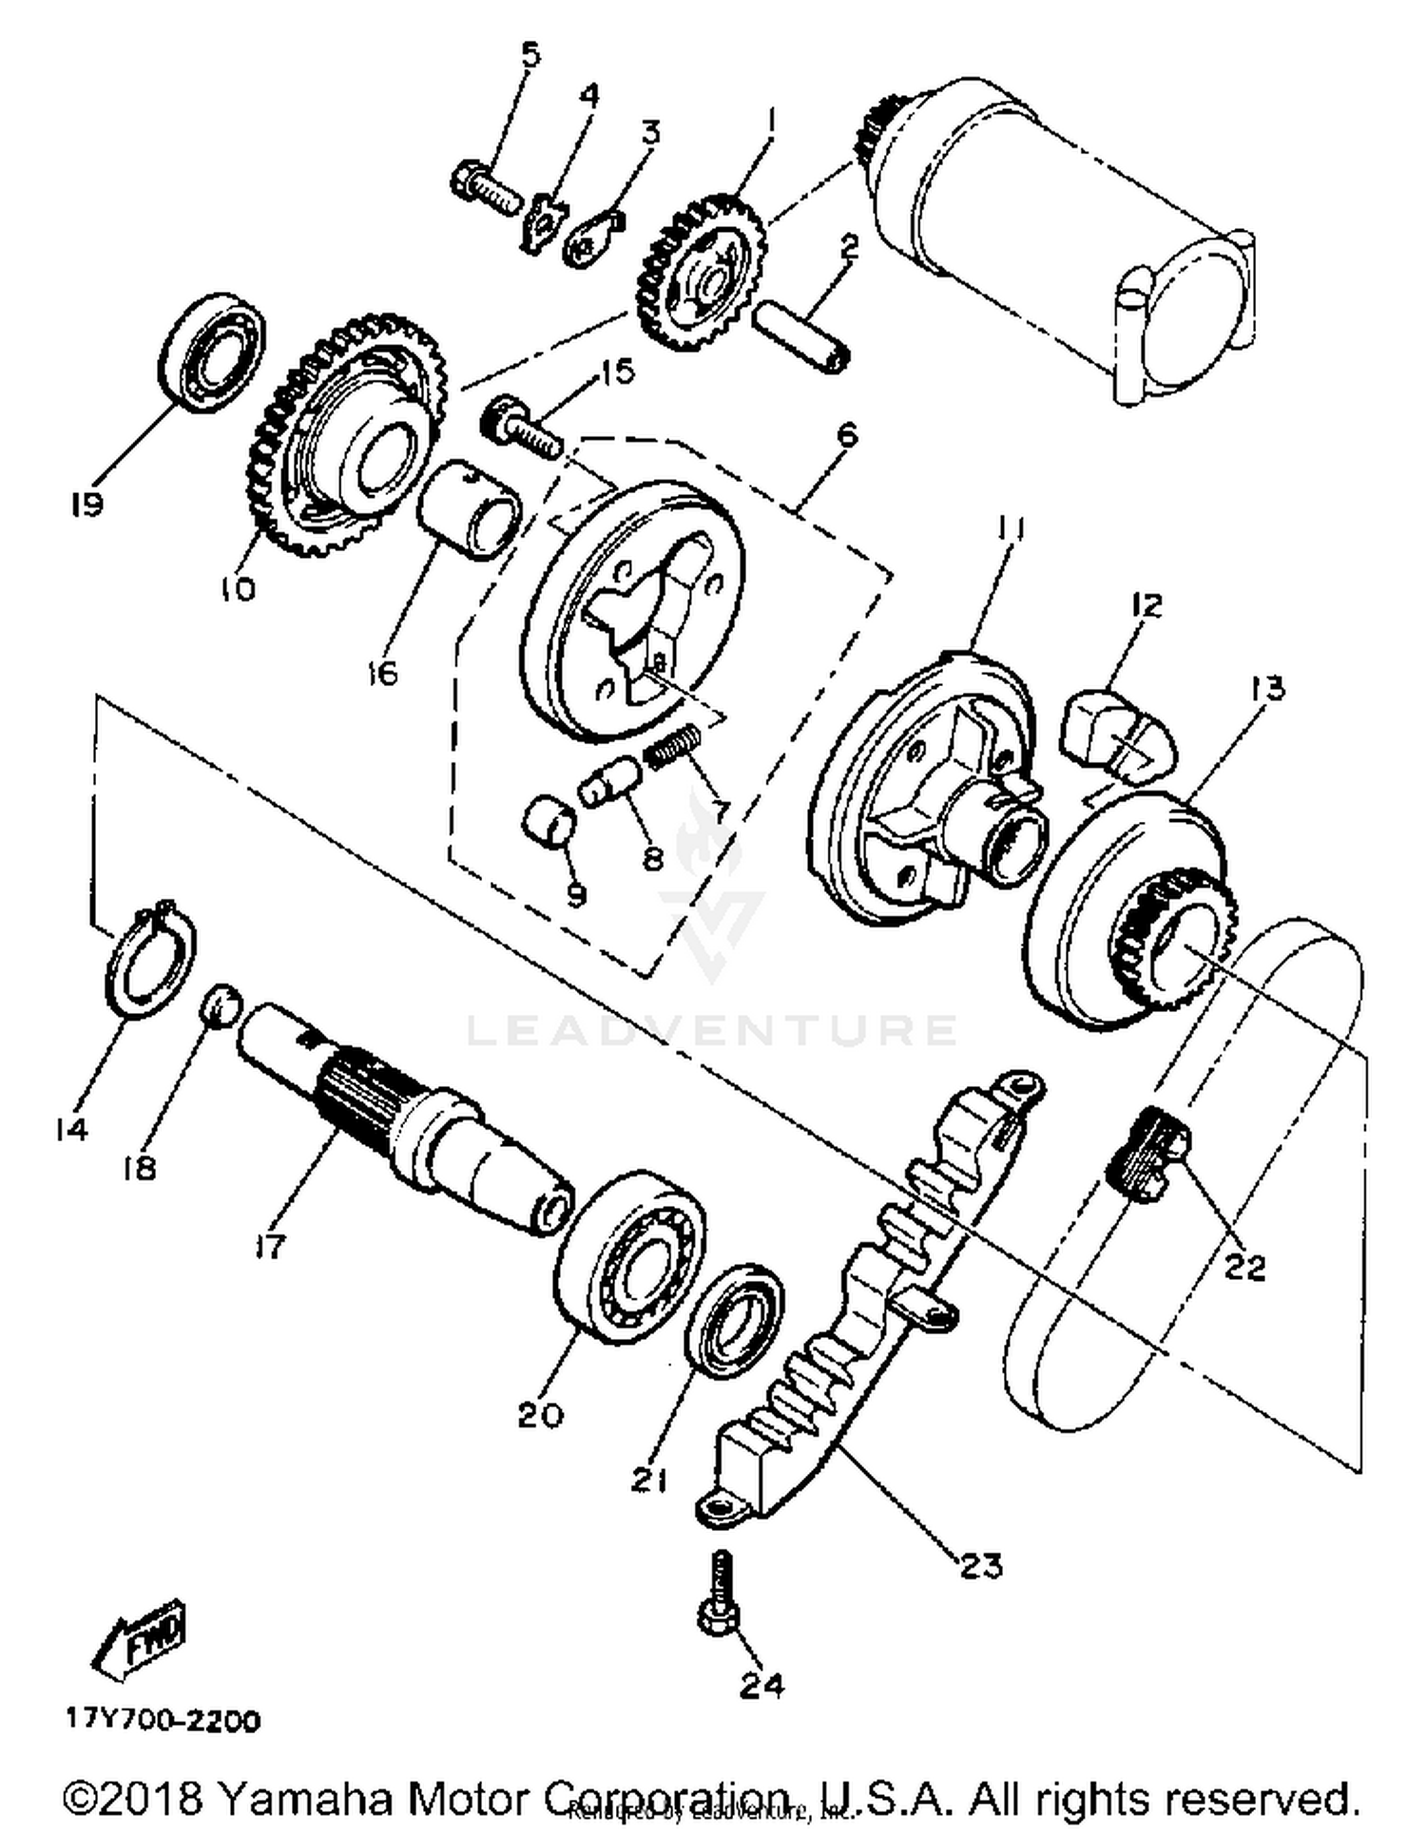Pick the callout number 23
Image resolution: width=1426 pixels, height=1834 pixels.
click(981, 1563)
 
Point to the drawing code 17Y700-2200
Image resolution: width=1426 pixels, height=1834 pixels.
click(163, 1721)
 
